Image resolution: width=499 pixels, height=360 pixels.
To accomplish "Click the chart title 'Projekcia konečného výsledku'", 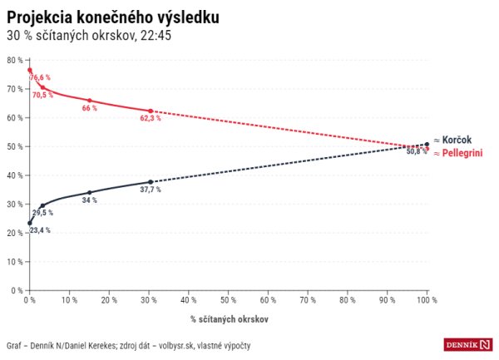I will click(113, 17).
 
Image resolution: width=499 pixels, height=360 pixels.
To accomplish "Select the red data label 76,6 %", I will click(42, 77).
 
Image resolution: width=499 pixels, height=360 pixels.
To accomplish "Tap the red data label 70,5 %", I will click(42, 95).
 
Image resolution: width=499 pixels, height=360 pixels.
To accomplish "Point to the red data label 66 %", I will click(89, 108).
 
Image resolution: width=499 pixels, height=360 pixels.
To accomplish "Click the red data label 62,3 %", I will click(150, 119).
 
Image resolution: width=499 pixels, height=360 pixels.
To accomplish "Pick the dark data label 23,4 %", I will click(39, 230).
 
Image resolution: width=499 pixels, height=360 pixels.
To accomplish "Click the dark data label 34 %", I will click(89, 200).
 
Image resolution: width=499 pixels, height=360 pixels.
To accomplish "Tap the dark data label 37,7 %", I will click(150, 190).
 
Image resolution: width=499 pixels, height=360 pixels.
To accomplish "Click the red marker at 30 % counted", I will click(150, 111).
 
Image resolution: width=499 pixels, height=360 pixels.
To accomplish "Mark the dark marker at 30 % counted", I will click(150, 182).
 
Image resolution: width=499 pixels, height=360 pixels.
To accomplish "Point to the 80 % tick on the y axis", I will click(13, 60).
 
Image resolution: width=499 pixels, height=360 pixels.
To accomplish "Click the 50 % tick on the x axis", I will click(228, 299).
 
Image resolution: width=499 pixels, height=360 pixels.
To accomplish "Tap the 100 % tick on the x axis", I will click(427, 299).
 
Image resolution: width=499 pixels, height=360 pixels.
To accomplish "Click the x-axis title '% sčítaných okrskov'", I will click(229, 318).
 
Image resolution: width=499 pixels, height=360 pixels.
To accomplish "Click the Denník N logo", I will click(467, 344).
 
